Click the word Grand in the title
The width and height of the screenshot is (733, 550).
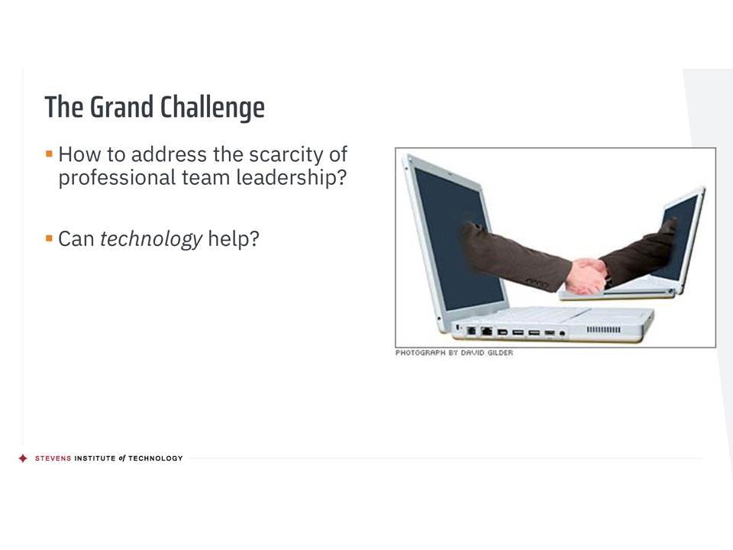coord(121,108)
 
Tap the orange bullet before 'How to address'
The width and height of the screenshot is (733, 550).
coord(49,154)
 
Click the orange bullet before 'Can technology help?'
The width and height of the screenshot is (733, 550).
coord(49,238)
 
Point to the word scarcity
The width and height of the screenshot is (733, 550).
coord(286,155)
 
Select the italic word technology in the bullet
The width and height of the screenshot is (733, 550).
coord(151,239)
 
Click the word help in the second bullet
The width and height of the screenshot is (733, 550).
coord(234,238)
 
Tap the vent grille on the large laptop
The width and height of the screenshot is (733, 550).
coord(603,330)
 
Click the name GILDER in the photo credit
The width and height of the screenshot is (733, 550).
coord(500,353)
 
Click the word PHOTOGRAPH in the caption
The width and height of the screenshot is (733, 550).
coord(420,353)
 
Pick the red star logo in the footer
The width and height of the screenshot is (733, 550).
coord(23,458)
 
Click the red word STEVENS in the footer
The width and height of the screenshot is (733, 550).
coord(53,458)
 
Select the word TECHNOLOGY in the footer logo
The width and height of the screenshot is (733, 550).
coord(156,458)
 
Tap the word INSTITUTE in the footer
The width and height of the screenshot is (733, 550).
coord(95,458)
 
